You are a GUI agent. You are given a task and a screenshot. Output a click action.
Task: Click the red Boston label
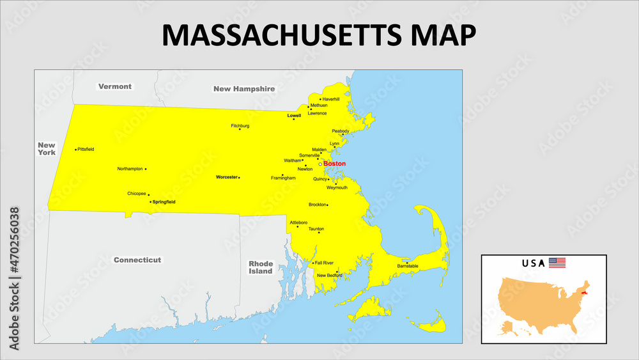[335, 164]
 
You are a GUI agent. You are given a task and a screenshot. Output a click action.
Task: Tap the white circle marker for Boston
[321, 164]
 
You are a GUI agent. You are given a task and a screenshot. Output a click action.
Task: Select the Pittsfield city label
[86, 149]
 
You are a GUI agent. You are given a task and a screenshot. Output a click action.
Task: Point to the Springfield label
[164, 201]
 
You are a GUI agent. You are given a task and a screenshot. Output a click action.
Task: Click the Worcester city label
[226, 176]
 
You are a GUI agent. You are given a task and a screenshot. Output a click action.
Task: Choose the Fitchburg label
[240, 126]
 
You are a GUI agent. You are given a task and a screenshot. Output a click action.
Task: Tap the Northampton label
[130, 169]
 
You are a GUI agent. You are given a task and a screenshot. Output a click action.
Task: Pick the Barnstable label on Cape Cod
[408, 266]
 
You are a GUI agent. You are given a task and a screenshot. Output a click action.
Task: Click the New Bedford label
[330, 276]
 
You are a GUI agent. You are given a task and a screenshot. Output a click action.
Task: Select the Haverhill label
[331, 99]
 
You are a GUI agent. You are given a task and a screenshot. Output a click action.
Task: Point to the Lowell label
[294, 116]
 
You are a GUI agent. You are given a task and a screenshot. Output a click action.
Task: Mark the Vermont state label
[115, 86]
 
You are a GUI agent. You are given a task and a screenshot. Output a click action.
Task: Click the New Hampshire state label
[244, 89]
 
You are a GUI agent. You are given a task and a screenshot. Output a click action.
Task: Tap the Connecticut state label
[137, 260]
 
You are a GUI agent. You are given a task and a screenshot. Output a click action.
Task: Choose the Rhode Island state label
[261, 267]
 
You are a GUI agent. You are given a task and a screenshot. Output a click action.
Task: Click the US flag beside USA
[557, 263]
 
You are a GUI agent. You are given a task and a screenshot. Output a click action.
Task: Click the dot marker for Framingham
[282, 175]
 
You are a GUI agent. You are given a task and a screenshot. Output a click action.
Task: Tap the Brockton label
[317, 205]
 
